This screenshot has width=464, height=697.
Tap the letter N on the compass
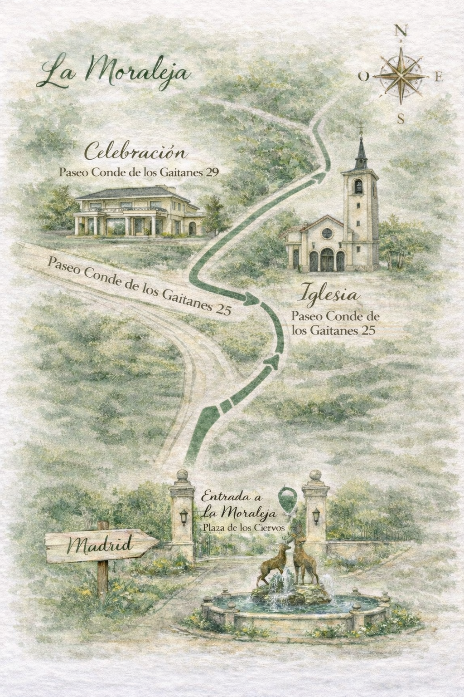(400, 31)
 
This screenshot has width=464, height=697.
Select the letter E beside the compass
(438, 77)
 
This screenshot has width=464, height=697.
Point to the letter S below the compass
(401, 119)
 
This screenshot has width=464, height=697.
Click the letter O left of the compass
(363, 77)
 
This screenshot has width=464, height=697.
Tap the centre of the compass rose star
(401, 75)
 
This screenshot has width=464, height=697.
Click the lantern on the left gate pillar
(184, 516)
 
